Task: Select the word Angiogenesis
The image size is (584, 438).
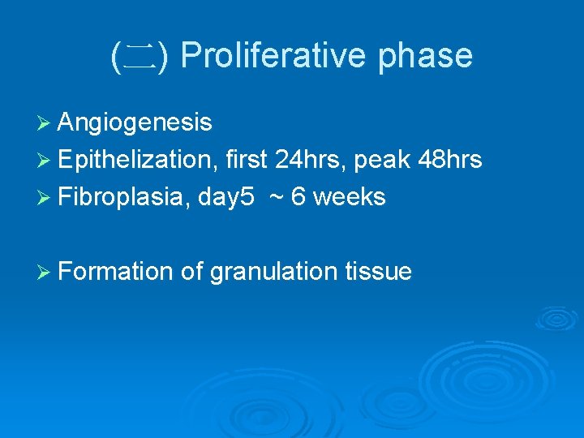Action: [135, 122]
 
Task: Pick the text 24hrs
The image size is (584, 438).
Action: [309, 160]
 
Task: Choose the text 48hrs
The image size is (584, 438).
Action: [449, 160]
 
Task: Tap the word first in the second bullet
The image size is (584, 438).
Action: [246, 160]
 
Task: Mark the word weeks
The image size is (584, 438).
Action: [349, 196]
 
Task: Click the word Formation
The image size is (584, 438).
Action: [116, 271]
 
